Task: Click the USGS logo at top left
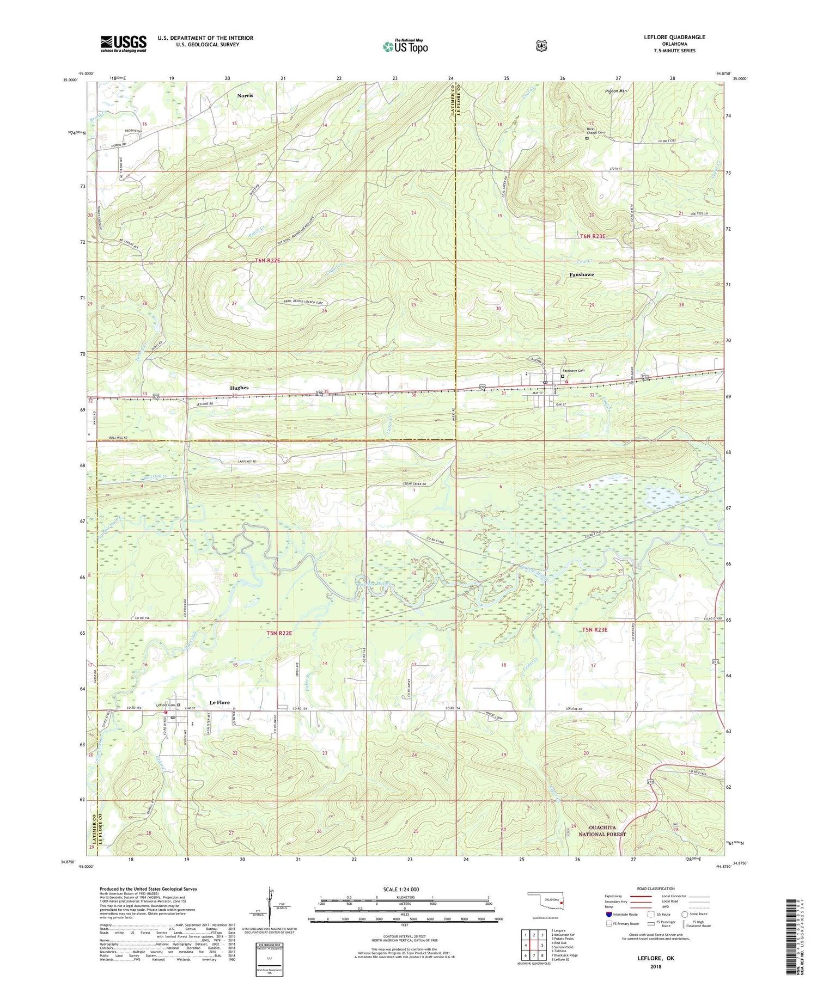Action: pyautogui.click(x=123, y=44)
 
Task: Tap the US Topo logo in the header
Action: pyautogui.click(x=405, y=46)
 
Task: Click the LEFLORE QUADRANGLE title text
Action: pyautogui.click(x=674, y=37)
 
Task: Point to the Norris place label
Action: pyautogui.click(x=245, y=95)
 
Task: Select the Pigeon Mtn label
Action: pyautogui.click(x=616, y=91)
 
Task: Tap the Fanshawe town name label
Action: pyautogui.click(x=581, y=274)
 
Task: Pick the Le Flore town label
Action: pyautogui.click(x=220, y=702)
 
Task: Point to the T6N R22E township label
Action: pyautogui.click(x=267, y=261)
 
